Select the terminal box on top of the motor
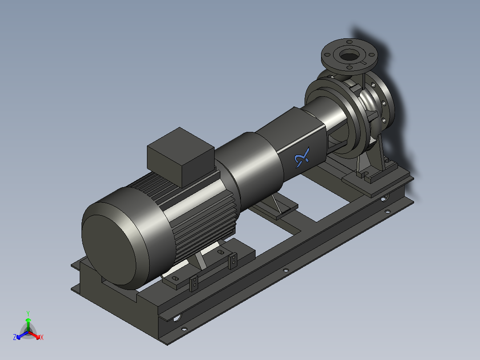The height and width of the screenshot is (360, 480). tap(180, 156)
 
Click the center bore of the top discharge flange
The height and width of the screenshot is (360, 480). tap(349, 56)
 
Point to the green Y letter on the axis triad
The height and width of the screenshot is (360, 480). tap(28, 313)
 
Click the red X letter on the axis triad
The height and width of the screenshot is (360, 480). tap(41, 338)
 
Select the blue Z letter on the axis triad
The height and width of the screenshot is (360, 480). tap(15, 338)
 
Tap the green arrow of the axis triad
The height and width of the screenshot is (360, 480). tap(28, 322)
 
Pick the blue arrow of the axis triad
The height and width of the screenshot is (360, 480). tap(20, 335)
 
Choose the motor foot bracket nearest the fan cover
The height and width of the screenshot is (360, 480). tap(194, 282)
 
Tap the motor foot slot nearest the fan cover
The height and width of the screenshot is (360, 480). tap(175, 278)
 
